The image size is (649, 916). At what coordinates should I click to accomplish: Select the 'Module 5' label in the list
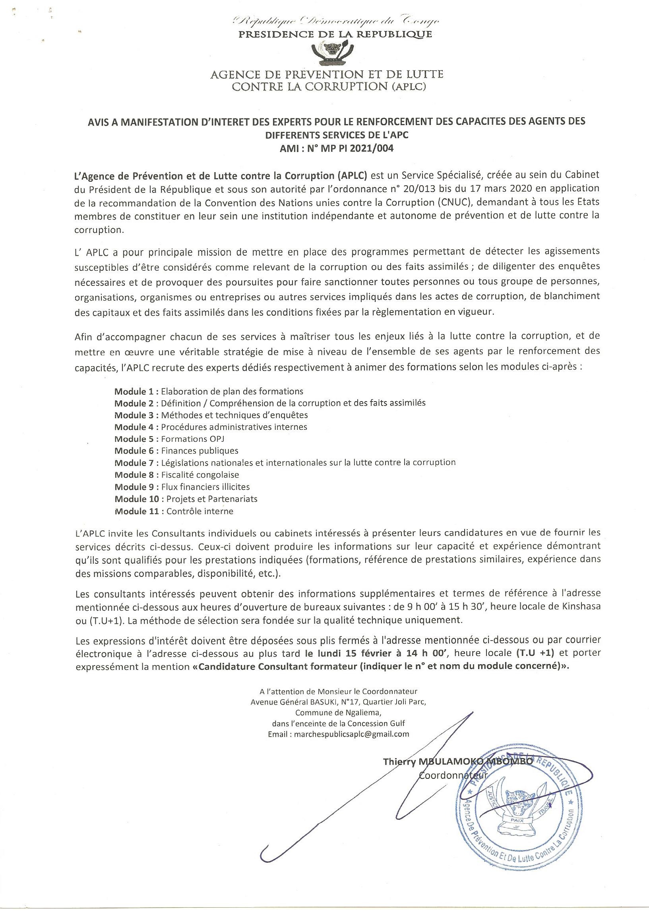[x=136, y=439]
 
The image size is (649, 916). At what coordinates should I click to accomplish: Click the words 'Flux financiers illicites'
[x=205, y=487]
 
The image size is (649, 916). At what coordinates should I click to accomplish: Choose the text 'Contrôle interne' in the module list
[x=200, y=511]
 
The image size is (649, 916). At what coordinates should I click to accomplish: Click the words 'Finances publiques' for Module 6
[x=200, y=451]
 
